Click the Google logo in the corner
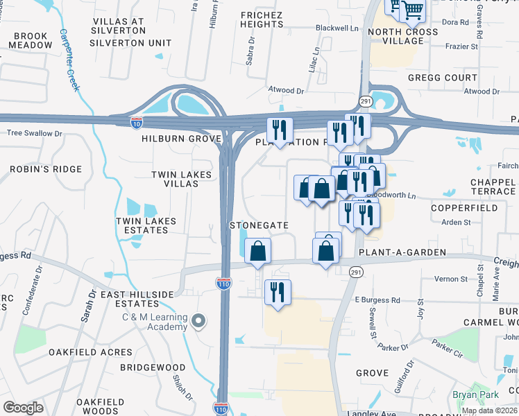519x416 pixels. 24,408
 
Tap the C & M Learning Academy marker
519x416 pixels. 199,320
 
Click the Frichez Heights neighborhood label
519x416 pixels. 262,19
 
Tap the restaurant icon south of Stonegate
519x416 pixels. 278,291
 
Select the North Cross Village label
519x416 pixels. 403,36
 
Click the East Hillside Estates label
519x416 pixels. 137,299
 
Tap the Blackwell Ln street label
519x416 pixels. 337,28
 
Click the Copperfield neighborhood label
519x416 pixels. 463,207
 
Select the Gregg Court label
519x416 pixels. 443,78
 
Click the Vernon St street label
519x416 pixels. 451,279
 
